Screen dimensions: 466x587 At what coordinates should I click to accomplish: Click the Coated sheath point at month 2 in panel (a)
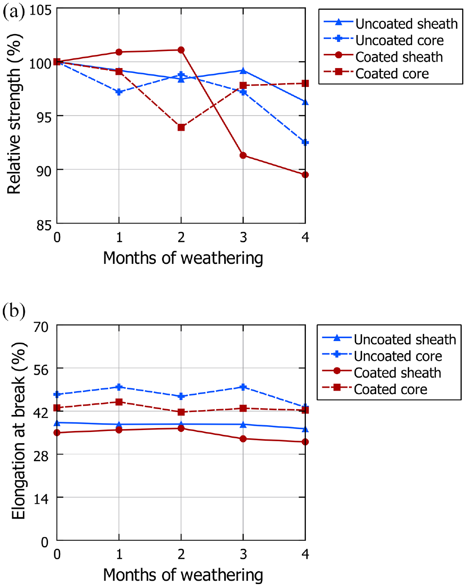pyautogui.click(x=181, y=50)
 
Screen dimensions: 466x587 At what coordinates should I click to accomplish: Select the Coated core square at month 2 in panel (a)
pyautogui.click(x=181, y=127)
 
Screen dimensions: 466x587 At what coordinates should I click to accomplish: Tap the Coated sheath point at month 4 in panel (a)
pyautogui.click(x=305, y=174)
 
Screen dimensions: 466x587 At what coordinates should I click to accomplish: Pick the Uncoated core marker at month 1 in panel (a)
pyautogui.click(x=119, y=92)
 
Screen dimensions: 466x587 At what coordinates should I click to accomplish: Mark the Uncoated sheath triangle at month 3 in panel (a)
pyautogui.click(x=243, y=70)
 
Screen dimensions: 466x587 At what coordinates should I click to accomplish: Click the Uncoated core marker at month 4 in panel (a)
pyautogui.click(x=305, y=142)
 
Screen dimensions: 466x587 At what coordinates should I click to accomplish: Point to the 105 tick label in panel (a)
pyautogui.click(x=40, y=10)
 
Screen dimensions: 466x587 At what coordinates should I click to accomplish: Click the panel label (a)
pyautogui.click(x=14, y=12)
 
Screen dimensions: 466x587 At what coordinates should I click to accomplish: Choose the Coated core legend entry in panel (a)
pyautogui.click(x=376, y=73)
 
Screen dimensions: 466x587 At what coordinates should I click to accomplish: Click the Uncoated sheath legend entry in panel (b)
pyautogui.click(x=389, y=339)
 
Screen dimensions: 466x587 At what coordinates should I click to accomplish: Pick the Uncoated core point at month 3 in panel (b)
pyautogui.click(x=243, y=387)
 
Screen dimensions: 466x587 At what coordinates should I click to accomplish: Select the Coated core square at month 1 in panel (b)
pyautogui.click(x=119, y=402)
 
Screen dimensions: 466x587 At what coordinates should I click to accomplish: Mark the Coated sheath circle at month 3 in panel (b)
pyautogui.click(x=243, y=439)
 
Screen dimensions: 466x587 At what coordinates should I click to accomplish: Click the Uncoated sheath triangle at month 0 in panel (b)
pyautogui.click(x=57, y=423)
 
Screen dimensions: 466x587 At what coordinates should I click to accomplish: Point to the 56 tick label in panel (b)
pyautogui.click(x=41, y=370)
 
